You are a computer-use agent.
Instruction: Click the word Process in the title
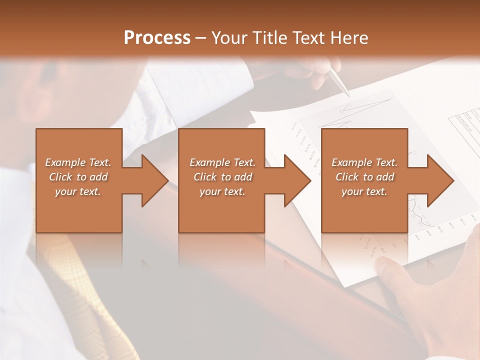[x=157, y=38]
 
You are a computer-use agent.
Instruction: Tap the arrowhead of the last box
[x=439, y=180]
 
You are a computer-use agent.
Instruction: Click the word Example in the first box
[x=65, y=162]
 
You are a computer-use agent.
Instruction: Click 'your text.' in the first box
[x=78, y=191]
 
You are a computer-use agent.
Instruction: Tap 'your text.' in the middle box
[x=222, y=191]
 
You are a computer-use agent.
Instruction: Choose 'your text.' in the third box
[x=364, y=191]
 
